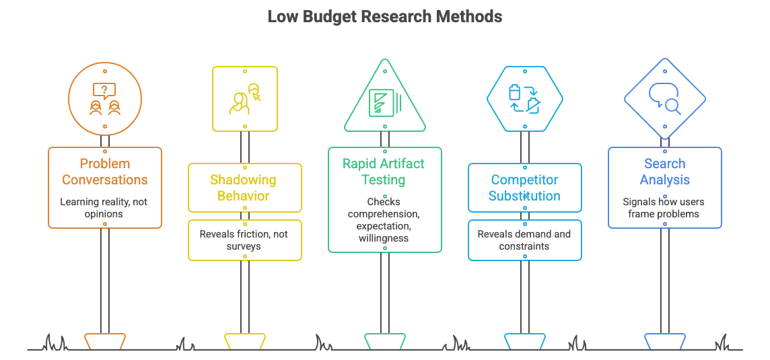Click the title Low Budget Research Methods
pyautogui.click(x=384, y=16)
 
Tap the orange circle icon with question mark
pyautogui.click(x=105, y=98)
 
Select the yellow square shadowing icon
pyautogui.click(x=245, y=99)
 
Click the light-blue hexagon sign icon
pyautogui.click(x=525, y=99)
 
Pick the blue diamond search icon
pyautogui.click(x=665, y=99)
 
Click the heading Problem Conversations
pyautogui.click(x=105, y=172)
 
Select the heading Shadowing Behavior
pyautogui.click(x=245, y=188)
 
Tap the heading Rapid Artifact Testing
pyautogui.click(x=384, y=172)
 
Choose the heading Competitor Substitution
pyautogui.click(x=525, y=188)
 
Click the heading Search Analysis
pyautogui.click(x=665, y=172)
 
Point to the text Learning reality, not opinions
pyautogui.click(x=105, y=207)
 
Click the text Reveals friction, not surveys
pyautogui.click(x=245, y=240)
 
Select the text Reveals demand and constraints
pyautogui.click(x=525, y=240)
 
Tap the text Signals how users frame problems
pyautogui.click(x=665, y=207)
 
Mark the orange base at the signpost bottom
pyautogui.click(x=105, y=340)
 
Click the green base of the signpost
pyautogui.click(x=385, y=340)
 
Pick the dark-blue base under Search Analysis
pyautogui.click(x=665, y=340)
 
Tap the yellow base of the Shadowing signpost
pyautogui.click(x=245, y=340)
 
